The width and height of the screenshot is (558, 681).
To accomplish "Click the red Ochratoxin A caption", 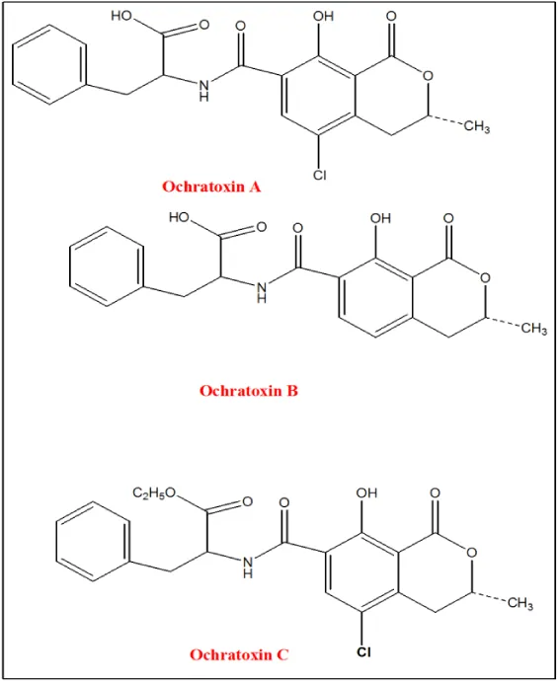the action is tap(211, 187).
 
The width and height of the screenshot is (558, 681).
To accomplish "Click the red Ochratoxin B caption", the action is tap(249, 391).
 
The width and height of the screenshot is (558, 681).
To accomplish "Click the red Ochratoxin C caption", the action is tap(239, 654).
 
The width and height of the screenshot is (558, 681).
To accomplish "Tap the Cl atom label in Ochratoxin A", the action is tap(319, 175).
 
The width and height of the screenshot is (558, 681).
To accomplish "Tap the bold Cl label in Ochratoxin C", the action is tap(363, 652).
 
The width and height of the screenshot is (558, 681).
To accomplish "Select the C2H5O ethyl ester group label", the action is tap(154, 492).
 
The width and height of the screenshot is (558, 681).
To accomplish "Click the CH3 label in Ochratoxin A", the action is tap(477, 127).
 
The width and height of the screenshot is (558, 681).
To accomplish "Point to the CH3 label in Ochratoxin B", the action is tap(534, 329).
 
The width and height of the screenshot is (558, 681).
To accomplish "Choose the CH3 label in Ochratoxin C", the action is tap(519, 603).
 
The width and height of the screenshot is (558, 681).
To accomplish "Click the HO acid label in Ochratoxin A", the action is tap(121, 16).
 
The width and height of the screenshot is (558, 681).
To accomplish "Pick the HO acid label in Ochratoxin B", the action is tap(179, 217).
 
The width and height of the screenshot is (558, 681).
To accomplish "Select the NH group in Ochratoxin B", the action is tap(262, 292).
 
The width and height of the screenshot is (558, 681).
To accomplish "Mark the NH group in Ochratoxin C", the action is tap(248, 567).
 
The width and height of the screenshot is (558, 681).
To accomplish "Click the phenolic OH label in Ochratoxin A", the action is tap(323, 17).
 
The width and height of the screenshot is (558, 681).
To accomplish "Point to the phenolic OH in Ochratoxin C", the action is tap(366, 493).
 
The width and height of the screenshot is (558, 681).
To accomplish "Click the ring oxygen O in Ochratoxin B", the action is tap(485, 278).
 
